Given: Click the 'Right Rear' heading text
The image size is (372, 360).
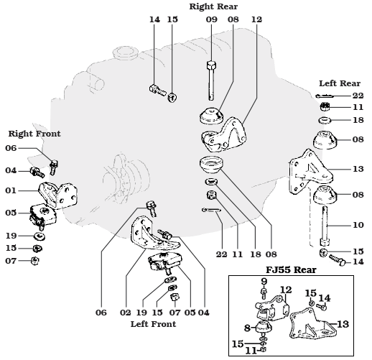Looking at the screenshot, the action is click(213, 6).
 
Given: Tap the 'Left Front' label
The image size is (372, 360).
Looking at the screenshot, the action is click(153, 324).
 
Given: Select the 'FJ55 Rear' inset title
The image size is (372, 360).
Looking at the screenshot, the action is click(291, 270).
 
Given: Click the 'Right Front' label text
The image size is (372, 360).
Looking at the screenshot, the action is click(34, 134).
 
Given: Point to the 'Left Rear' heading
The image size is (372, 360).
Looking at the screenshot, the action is click(340, 83).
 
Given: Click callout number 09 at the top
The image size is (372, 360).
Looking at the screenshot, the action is click(212, 19).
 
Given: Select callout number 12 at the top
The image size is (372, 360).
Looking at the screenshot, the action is click(256, 19).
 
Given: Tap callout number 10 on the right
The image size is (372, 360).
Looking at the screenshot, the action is click(358, 225).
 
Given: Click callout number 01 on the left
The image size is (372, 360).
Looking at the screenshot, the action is click(11, 190).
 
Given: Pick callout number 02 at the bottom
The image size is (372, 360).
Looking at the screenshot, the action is click(126, 313).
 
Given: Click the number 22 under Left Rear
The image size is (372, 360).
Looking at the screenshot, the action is click(358, 96).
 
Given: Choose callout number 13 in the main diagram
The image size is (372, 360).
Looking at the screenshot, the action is click(358, 169).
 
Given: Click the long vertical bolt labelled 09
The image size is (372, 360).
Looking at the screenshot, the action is click(211, 80).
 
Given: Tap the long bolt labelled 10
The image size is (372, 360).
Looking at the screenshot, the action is click(325, 226).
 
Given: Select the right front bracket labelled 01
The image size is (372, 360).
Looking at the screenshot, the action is click(58, 195).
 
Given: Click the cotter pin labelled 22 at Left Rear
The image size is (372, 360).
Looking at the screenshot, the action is click(325, 96).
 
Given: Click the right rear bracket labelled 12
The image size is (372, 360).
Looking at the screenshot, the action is click(225, 134).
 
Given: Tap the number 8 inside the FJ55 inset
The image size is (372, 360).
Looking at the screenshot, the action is click(247, 328).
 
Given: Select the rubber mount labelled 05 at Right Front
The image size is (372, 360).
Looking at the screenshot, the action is click(43, 215).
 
